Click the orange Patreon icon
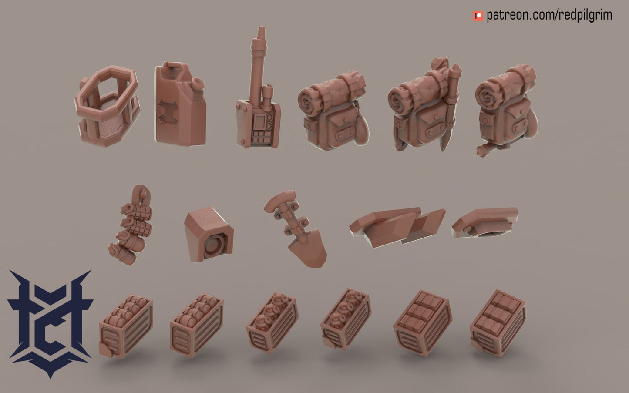click(478, 16)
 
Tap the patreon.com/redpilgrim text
click(549, 15)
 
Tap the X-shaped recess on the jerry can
click(168, 112)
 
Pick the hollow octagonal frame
click(107, 106)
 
